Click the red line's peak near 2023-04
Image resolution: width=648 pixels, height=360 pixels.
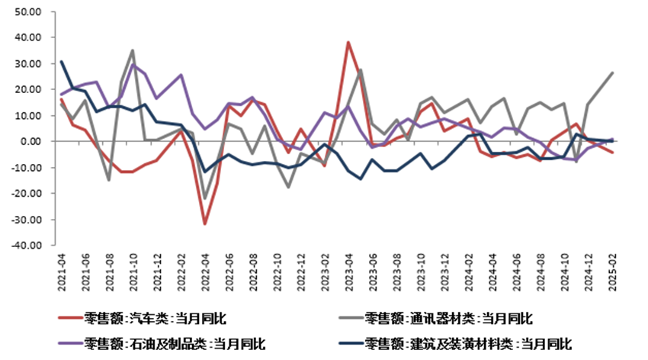coord(348,43)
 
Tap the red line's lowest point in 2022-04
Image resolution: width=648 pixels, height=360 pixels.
coord(205,223)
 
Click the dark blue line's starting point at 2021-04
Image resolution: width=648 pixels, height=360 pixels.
coord(62,62)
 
